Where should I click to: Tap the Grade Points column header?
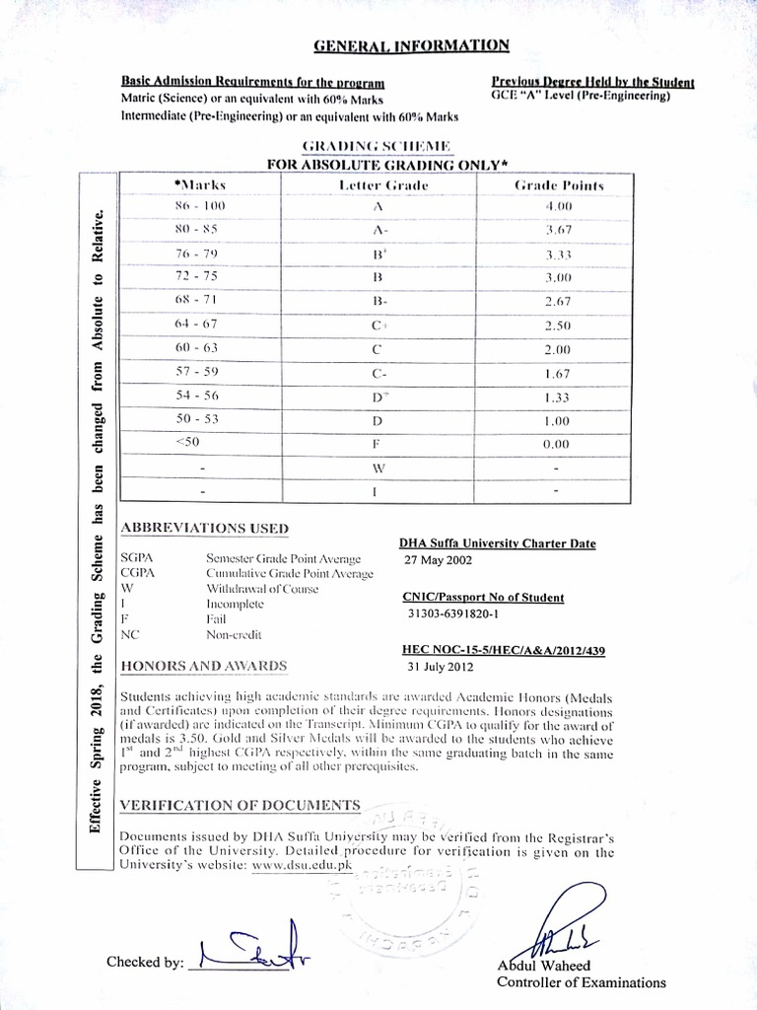click(559, 185)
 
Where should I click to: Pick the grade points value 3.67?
click(558, 230)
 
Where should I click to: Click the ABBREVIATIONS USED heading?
click(204, 527)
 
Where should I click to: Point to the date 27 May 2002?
click(439, 559)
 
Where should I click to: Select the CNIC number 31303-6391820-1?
click(454, 613)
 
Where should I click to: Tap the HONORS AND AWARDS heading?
click(203, 666)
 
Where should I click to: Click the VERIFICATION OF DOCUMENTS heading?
click(240, 806)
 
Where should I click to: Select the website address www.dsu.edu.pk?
click(301, 864)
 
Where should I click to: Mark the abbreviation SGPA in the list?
click(135, 558)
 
